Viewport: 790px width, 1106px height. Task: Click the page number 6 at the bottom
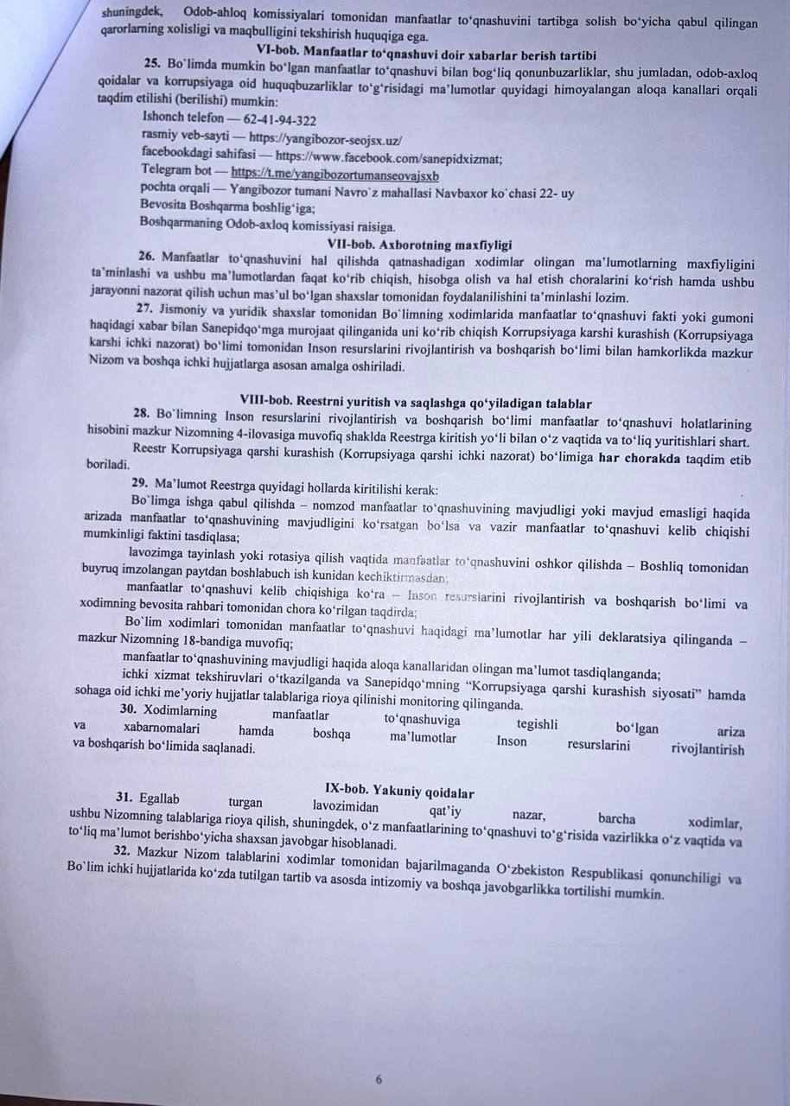pos(379,1078)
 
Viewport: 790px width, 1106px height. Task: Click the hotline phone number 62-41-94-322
pos(280,121)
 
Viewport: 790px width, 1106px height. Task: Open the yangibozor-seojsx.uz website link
pos(325,138)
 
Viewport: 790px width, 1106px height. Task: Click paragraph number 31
pos(124,798)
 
